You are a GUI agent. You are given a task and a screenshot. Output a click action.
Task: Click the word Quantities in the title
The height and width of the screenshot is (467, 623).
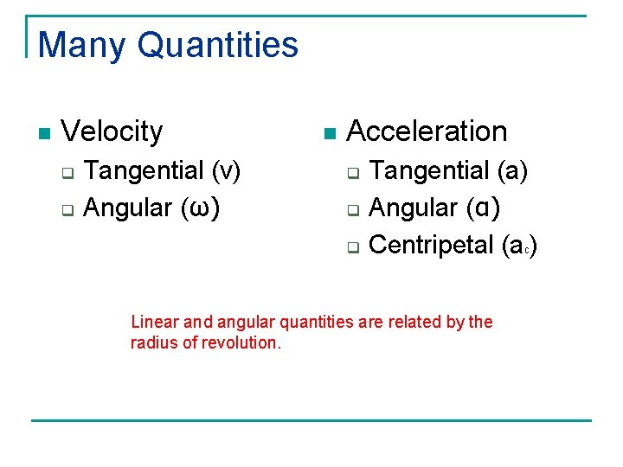click(x=217, y=45)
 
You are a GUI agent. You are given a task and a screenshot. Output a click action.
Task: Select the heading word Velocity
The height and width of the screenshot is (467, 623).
click(x=112, y=131)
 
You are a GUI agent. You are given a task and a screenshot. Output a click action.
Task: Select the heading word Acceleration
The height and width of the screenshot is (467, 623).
click(x=427, y=131)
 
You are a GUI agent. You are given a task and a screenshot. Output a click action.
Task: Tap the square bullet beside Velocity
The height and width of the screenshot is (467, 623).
click(x=44, y=134)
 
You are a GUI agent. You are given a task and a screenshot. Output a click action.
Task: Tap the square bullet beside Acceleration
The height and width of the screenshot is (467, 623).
click(x=328, y=134)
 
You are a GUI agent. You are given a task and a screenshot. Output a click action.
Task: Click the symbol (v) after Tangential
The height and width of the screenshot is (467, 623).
click(x=227, y=170)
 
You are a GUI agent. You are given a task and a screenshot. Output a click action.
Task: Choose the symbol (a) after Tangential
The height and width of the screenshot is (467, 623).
click(x=512, y=170)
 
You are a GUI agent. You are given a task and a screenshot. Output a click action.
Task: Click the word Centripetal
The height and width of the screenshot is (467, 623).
click(x=431, y=245)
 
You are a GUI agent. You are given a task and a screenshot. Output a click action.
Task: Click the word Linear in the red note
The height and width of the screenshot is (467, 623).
click(x=152, y=323)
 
